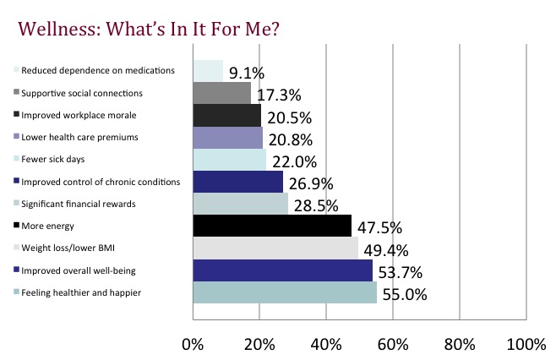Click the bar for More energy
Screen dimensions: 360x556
click(x=272, y=226)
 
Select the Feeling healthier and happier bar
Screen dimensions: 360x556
click(x=285, y=292)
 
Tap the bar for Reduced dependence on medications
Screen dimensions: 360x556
click(x=208, y=70)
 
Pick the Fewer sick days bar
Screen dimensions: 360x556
click(x=229, y=159)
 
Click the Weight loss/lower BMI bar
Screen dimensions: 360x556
click(x=275, y=248)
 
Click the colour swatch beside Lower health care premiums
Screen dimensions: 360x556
click(x=16, y=136)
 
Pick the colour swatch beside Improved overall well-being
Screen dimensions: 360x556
click(x=16, y=270)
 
